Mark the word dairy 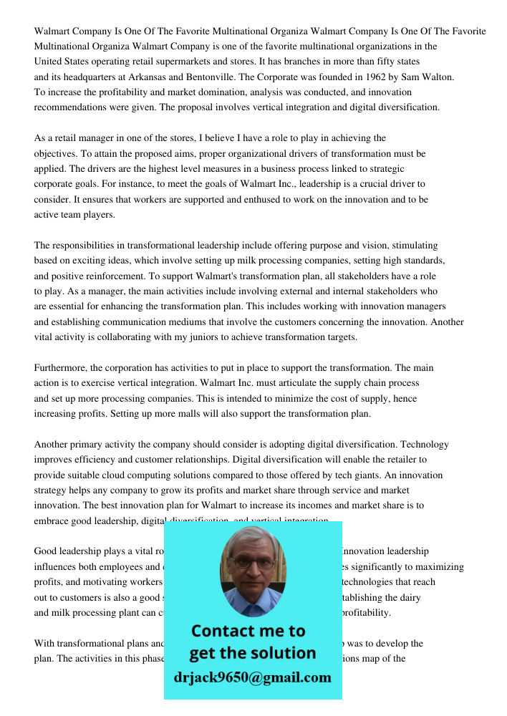click(x=410, y=597)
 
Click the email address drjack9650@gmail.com click(x=253, y=677)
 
